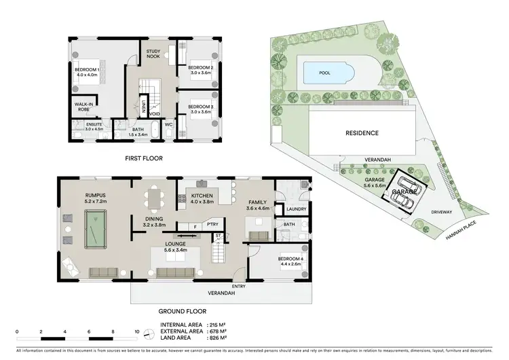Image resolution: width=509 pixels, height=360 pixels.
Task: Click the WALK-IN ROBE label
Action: [84, 106]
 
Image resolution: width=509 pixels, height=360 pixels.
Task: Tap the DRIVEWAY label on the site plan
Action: [441, 212]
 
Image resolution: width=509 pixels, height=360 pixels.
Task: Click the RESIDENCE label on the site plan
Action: [362, 133]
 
